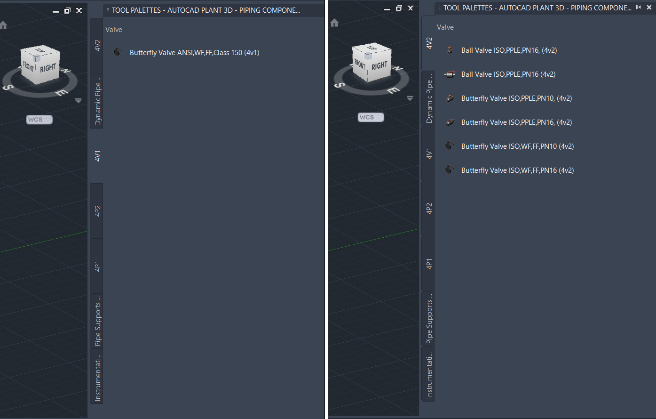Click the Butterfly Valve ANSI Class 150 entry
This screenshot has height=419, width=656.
pyautogui.click(x=194, y=53)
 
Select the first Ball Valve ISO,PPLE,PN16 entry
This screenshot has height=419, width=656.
pyautogui.click(x=509, y=50)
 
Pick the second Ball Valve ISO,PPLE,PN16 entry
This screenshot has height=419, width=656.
pyautogui.click(x=508, y=74)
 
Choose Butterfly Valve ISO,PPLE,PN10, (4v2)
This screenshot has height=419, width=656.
pyautogui.click(x=516, y=98)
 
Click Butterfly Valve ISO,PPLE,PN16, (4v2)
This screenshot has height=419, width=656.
pyautogui.click(x=516, y=122)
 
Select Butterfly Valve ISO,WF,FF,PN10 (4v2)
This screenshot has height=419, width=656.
pyautogui.click(x=517, y=146)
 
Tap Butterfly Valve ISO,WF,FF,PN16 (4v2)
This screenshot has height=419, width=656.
pyautogui.click(x=517, y=170)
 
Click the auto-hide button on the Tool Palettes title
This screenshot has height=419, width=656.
pyautogui.click(x=638, y=8)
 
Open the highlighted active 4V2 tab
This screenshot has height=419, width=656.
pyautogui.click(x=429, y=43)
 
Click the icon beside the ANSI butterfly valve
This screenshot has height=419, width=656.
pyautogui.click(x=118, y=52)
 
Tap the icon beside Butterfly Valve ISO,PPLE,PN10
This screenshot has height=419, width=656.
pyautogui.click(x=450, y=98)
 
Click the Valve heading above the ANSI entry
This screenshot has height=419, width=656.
pyautogui.click(x=114, y=30)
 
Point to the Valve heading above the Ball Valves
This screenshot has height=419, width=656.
pyautogui.click(x=445, y=27)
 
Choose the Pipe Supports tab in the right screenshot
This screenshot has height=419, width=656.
pyautogui.click(x=429, y=322)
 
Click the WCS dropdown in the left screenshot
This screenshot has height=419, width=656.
pyautogui.click(x=40, y=120)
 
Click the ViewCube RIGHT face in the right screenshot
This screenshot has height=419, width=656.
pyautogui.click(x=379, y=66)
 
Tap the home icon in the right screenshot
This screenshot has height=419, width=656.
pyautogui.click(x=334, y=23)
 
